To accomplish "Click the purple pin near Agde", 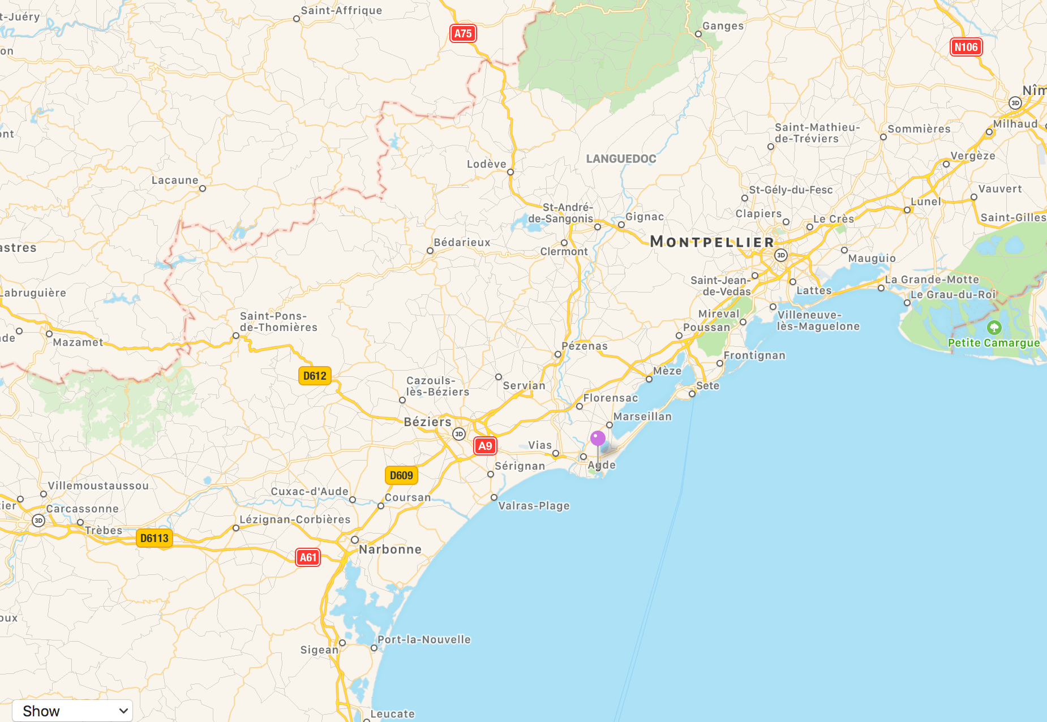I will click(x=598, y=439).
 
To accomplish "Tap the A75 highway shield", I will click(x=463, y=33).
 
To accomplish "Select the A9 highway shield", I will click(x=485, y=446).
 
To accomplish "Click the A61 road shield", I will click(x=308, y=557).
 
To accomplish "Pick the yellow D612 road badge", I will click(x=315, y=376).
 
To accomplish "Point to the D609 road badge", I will click(x=401, y=475).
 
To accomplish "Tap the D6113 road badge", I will click(x=155, y=538).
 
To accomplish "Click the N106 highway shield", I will click(x=966, y=47).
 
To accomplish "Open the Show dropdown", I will click(x=72, y=711).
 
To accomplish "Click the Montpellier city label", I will click(x=712, y=242).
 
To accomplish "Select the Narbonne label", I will click(x=390, y=549).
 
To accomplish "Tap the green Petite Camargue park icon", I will click(x=994, y=328).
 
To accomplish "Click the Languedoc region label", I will click(x=621, y=159).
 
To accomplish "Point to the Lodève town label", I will click(x=486, y=164).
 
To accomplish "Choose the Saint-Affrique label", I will click(x=341, y=11).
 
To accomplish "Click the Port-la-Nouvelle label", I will click(x=424, y=639).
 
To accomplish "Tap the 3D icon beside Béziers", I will click(x=458, y=434).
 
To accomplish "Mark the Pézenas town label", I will click(x=585, y=346).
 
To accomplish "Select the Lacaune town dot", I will click(x=203, y=188).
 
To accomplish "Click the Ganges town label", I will click(x=723, y=26).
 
